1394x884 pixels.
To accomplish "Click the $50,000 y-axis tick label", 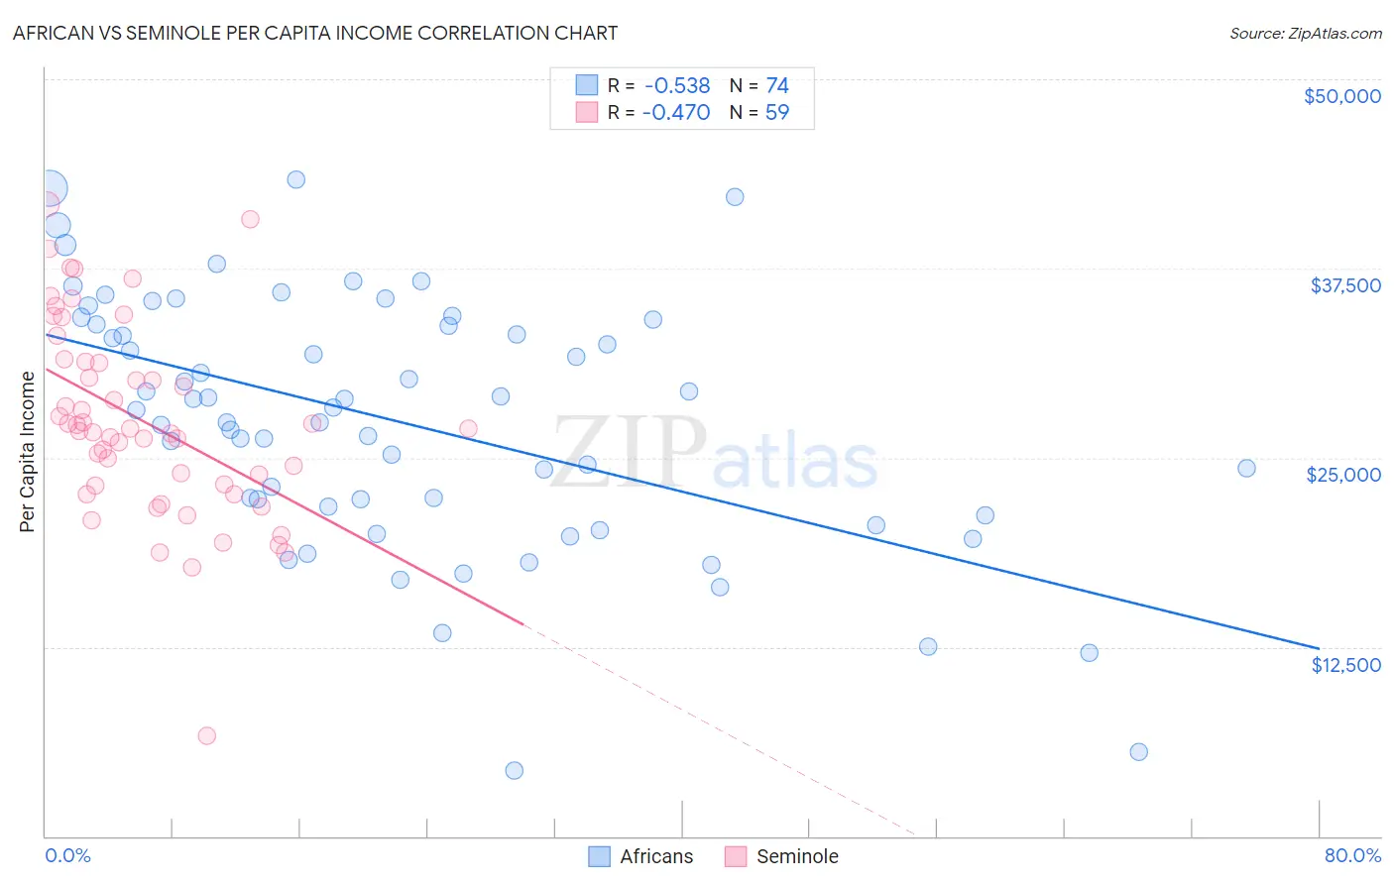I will click(1341, 96).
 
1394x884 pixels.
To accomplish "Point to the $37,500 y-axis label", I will click(1344, 285).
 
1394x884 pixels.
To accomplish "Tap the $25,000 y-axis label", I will click(1342, 475).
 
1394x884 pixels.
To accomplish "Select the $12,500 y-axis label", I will click(1345, 665).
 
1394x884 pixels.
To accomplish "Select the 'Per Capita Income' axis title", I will click(28, 451).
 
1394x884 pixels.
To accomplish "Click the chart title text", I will click(314, 34).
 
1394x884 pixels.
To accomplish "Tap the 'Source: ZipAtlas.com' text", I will click(1305, 34).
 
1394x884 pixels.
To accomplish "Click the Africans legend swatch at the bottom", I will click(599, 857).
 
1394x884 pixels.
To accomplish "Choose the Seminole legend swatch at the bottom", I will click(735, 857).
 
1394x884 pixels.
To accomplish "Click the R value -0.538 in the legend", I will click(676, 86).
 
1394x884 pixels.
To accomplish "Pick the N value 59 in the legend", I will click(776, 113).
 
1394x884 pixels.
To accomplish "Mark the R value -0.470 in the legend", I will click(676, 113).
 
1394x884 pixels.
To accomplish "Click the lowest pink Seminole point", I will click(206, 735).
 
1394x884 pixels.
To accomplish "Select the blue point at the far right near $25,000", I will click(1246, 469).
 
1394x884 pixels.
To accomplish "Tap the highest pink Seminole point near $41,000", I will click(250, 219).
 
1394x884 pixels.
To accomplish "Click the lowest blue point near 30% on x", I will click(514, 770).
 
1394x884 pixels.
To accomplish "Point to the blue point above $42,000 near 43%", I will click(735, 197).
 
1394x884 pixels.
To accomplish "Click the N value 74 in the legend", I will click(776, 86).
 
